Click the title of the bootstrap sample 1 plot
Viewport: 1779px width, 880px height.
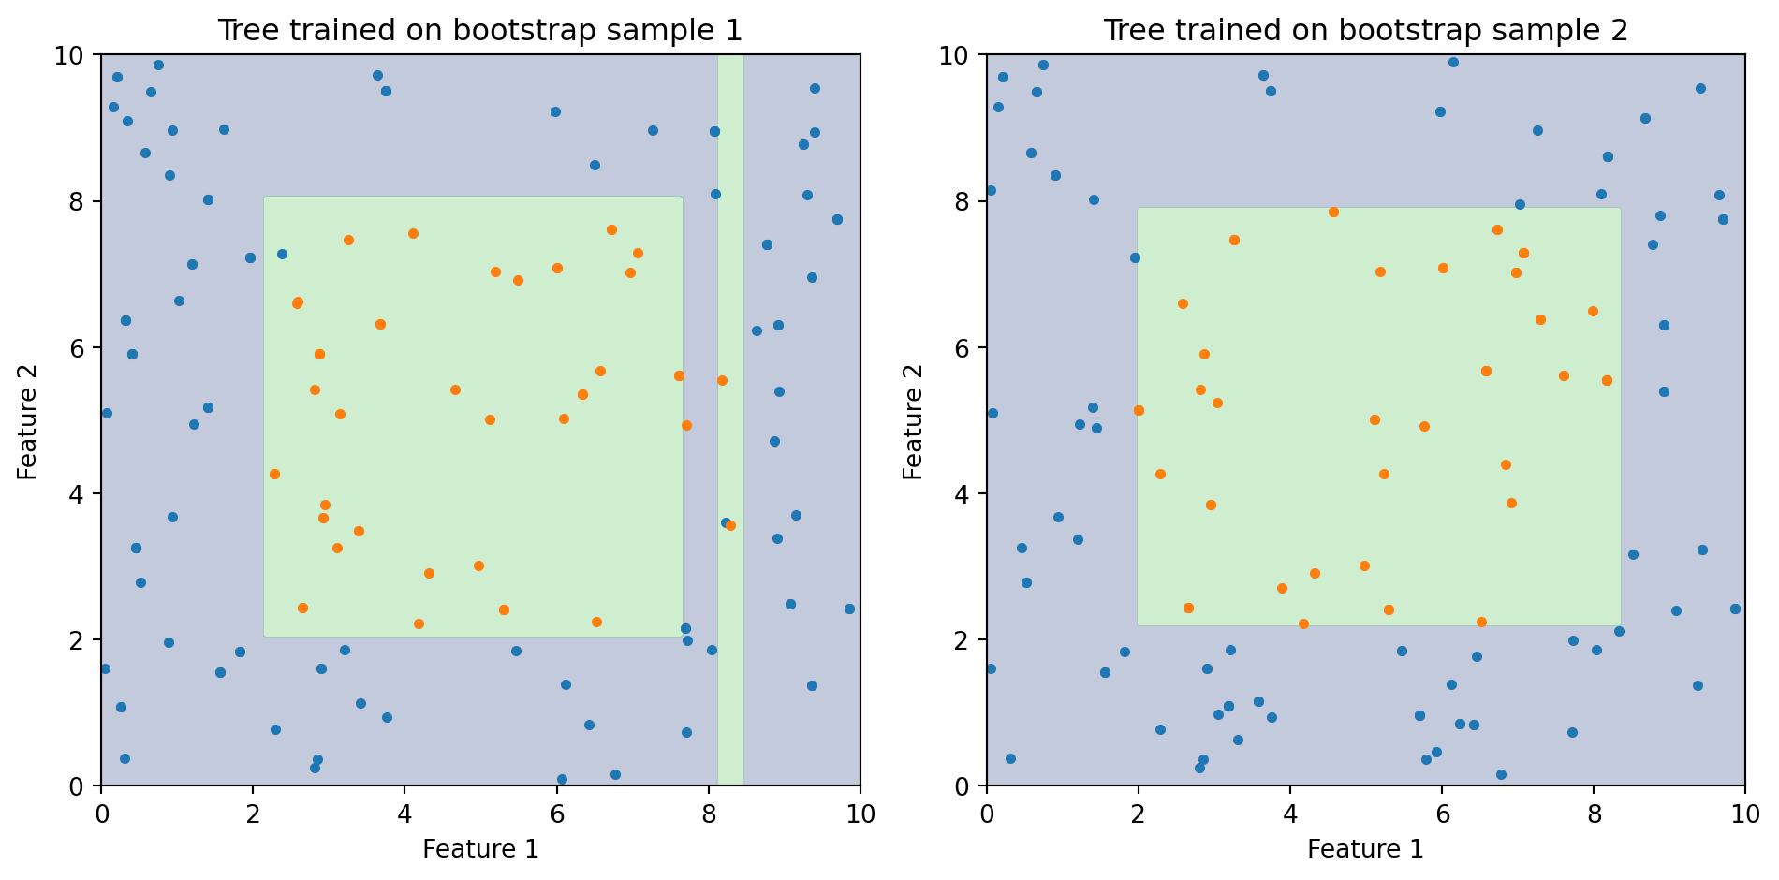(479, 31)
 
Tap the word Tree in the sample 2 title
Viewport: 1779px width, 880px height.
(1127, 31)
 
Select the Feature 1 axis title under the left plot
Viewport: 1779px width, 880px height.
(480, 849)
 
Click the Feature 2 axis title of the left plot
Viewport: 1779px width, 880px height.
(28, 421)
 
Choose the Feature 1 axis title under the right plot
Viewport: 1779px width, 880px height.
(1365, 849)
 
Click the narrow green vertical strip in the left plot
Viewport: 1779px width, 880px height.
(730, 281)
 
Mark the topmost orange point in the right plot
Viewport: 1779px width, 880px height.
(1333, 212)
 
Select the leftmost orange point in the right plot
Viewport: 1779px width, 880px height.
(1139, 410)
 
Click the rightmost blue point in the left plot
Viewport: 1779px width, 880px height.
(849, 609)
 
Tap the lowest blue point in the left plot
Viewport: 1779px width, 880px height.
(562, 779)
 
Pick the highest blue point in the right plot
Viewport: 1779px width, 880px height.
(1453, 62)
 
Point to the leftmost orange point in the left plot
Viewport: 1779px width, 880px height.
(274, 474)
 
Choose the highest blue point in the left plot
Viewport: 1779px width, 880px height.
(158, 65)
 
